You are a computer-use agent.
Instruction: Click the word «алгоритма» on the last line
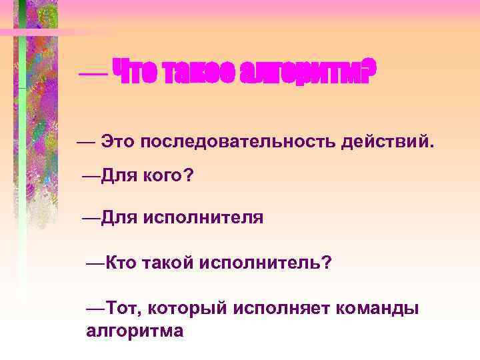[x=135, y=330]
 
